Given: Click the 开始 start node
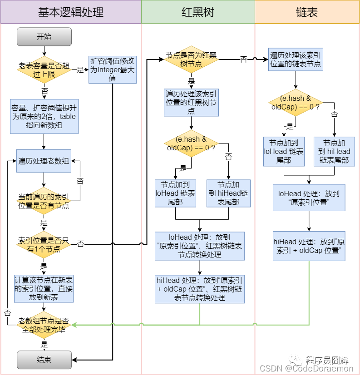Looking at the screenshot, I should pos(44,37).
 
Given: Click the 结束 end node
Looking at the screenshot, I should pos(44,360).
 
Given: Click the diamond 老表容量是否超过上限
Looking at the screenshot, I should pos(44,70).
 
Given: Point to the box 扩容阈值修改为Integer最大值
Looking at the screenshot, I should pos(112,69).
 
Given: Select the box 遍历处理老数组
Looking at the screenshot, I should pos(44,161).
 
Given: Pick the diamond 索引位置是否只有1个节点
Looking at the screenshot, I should pos(44,244).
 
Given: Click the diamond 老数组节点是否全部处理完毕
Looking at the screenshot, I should pos(44,325).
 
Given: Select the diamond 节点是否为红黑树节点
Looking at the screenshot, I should pos(191,59).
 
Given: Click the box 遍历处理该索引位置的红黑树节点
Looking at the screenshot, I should pos(191,102).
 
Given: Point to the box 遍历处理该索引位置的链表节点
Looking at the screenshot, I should pos(296,59).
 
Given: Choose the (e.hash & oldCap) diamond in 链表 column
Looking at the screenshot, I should pos(296,103).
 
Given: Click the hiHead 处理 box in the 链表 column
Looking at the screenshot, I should pos(309,246).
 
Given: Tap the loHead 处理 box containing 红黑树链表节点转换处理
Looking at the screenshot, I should pos(200,246).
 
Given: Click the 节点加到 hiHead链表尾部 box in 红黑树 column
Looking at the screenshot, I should pos(228,193).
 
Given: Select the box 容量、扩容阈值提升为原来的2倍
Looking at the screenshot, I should pos(44,116).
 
